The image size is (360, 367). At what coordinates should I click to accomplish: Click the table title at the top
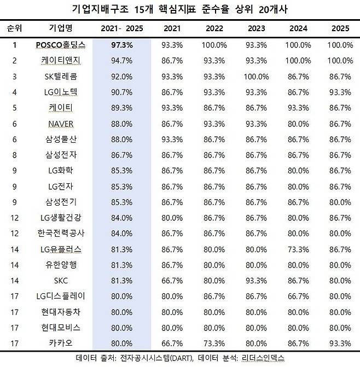tap(180, 9)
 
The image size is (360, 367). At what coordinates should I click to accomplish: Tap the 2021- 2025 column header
tap(121, 28)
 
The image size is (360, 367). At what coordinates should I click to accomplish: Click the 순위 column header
tap(15, 28)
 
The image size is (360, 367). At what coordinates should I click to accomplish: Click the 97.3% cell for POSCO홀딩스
tap(121, 45)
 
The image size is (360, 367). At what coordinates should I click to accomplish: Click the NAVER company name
tap(61, 124)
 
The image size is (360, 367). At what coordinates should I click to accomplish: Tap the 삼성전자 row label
tap(61, 155)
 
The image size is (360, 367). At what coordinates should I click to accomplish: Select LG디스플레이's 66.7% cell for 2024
tap(299, 296)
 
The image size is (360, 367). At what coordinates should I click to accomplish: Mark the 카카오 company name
tap(61, 343)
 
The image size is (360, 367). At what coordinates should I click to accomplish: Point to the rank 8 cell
tap(15, 155)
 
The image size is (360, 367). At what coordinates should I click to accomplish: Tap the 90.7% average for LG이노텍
tap(121, 92)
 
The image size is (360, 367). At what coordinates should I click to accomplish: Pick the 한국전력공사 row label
tap(61, 234)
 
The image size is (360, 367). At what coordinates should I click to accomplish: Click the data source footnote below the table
tap(180, 359)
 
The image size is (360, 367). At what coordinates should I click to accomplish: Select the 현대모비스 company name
tap(61, 328)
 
